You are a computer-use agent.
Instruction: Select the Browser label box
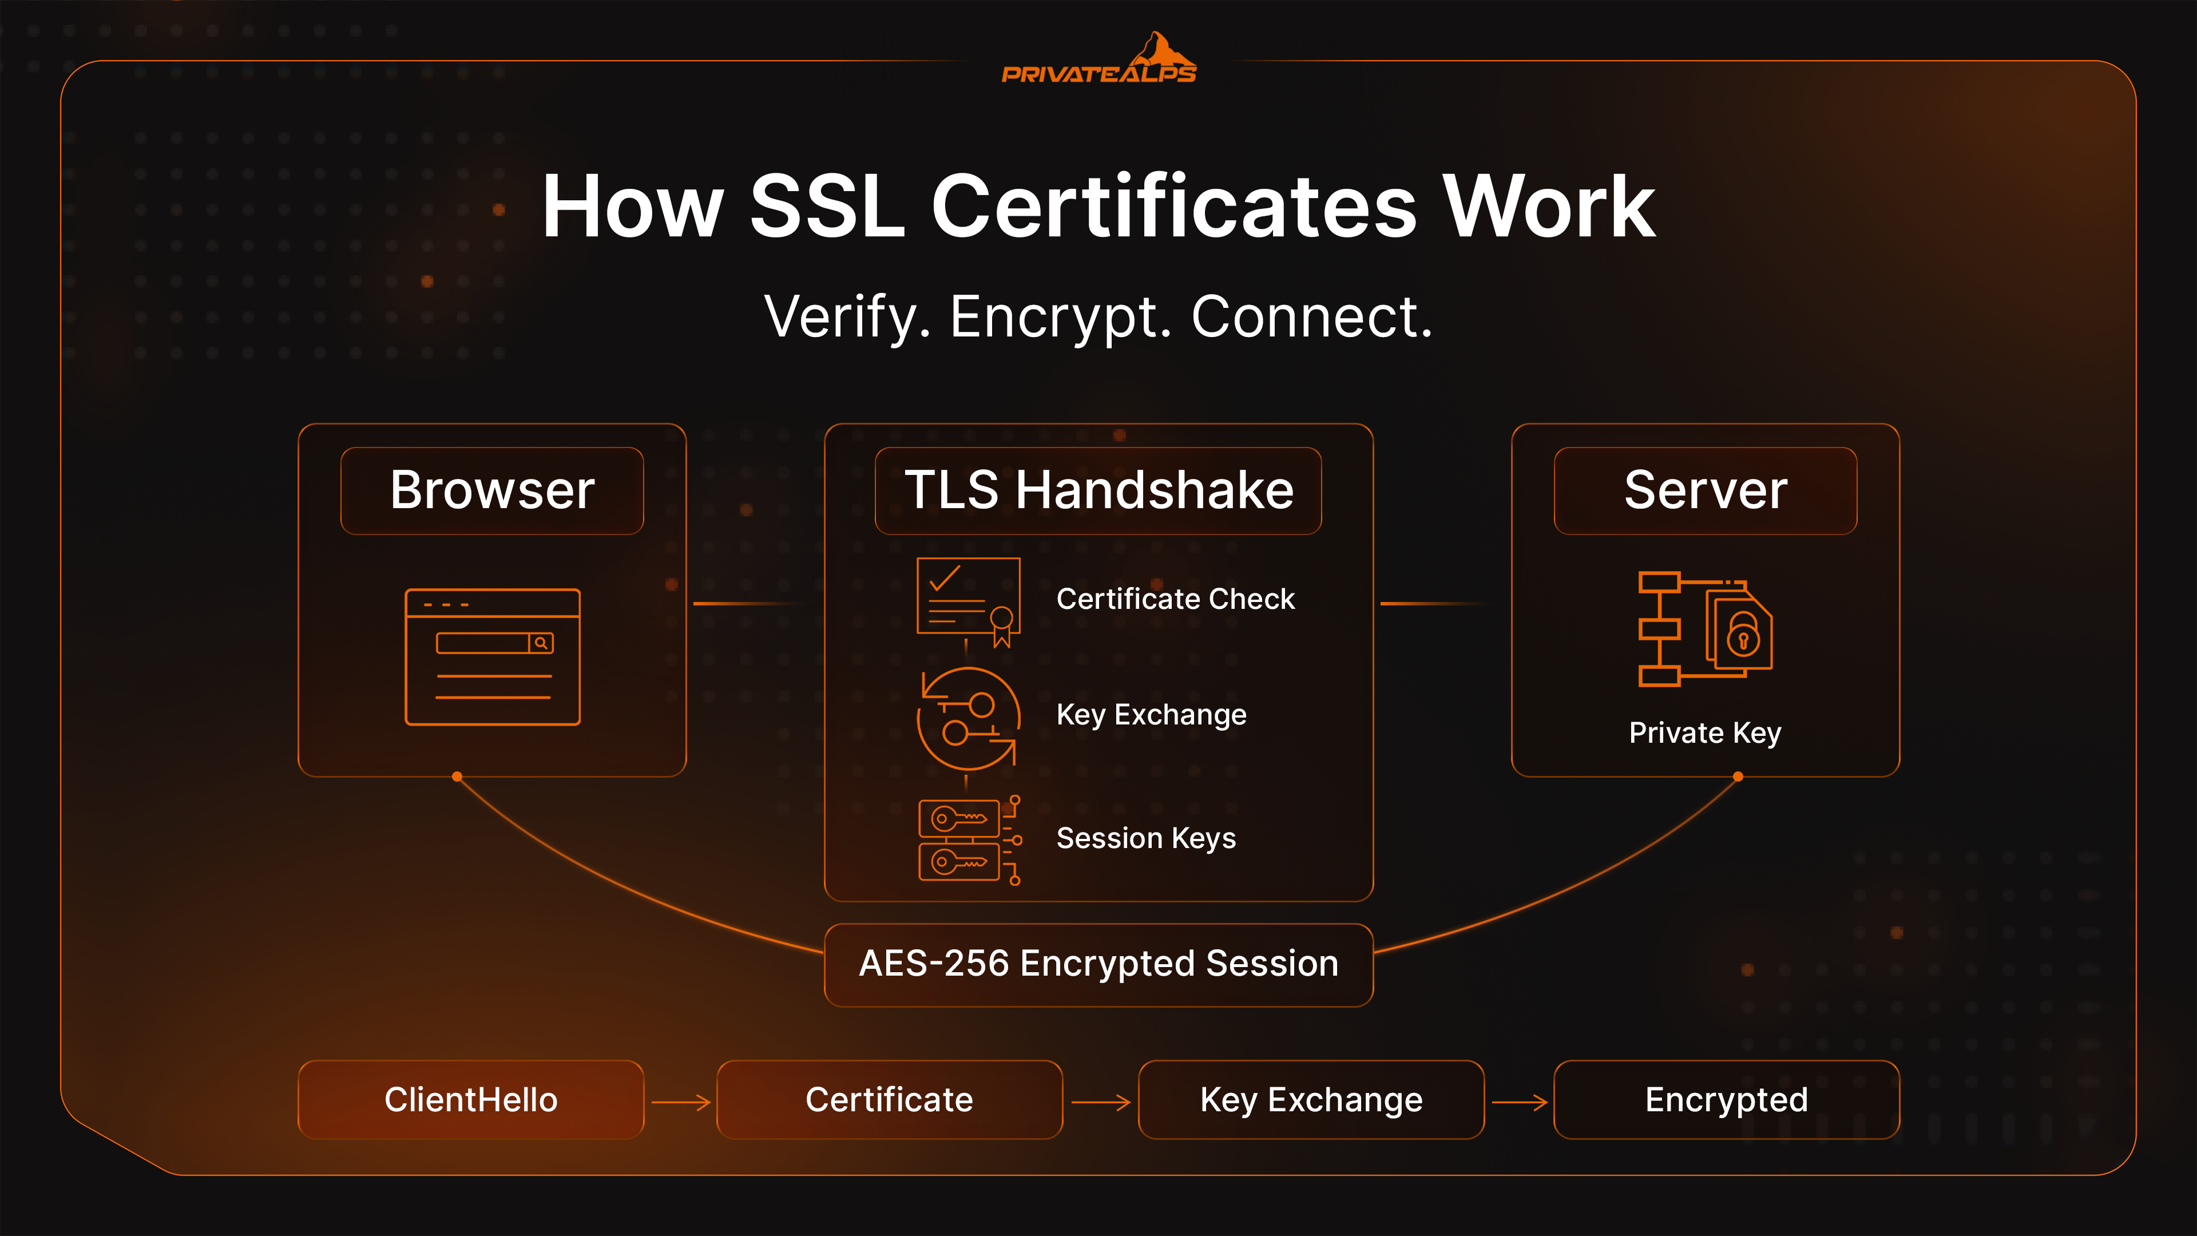pyautogui.click(x=492, y=490)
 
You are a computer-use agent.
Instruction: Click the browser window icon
pyautogui.click(x=492, y=657)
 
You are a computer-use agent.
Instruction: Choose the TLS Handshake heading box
pyautogui.click(x=1098, y=490)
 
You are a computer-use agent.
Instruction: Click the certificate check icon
pyautogui.click(x=969, y=601)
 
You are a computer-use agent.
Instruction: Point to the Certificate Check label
pyautogui.click(x=1175, y=599)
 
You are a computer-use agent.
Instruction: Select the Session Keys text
pyautogui.click(x=1145, y=838)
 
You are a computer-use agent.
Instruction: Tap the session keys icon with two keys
pyautogui.click(x=969, y=840)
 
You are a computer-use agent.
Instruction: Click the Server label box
pyautogui.click(x=1705, y=490)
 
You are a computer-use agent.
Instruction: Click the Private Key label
pyautogui.click(x=1705, y=732)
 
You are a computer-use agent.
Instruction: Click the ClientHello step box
pyautogui.click(x=471, y=1099)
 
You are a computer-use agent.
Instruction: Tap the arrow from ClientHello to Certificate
pyautogui.click(x=681, y=1102)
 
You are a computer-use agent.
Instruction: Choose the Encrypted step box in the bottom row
pyautogui.click(x=1726, y=1099)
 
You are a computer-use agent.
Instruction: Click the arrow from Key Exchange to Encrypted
pyautogui.click(x=1520, y=1102)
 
